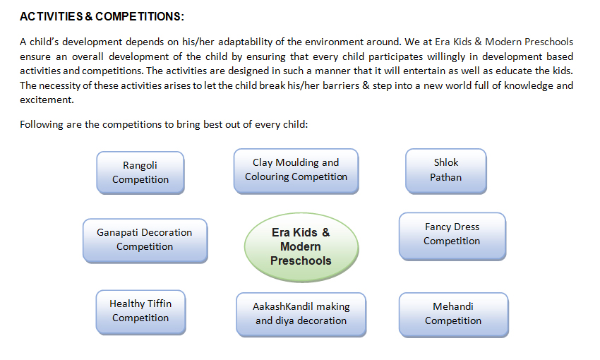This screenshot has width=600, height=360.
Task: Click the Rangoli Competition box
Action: tap(140, 172)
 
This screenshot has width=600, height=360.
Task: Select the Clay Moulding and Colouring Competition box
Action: tap(296, 171)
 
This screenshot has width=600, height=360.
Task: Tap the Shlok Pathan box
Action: tap(446, 171)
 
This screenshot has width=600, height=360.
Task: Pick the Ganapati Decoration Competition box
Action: tap(145, 241)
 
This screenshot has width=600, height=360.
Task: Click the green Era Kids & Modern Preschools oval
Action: tap(301, 247)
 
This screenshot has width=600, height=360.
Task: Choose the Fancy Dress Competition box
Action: tap(452, 236)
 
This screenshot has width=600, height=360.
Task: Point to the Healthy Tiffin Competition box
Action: tap(140, 312)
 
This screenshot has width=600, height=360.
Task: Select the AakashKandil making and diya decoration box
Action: tap(301, 315)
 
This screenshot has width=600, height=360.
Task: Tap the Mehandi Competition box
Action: tap(453, 315)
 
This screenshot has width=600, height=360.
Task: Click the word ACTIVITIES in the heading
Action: tap(52, 16)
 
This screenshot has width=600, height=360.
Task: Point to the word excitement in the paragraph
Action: tap(47, 100)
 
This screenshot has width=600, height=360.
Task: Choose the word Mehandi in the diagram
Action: tap(453, 307)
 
